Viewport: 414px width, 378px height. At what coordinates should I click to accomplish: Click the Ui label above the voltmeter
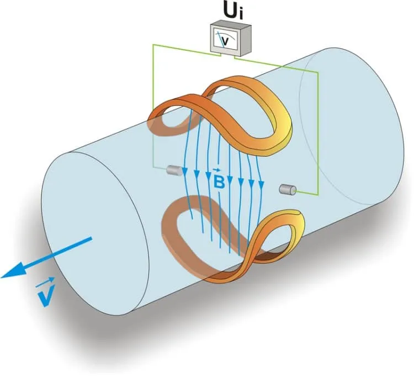[x=233, y=12]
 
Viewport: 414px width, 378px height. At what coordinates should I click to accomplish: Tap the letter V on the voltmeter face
[x=225, y=41]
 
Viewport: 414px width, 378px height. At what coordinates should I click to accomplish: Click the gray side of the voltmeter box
[x=245, y=40]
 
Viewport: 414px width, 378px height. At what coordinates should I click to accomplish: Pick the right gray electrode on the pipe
[x=288, y=189]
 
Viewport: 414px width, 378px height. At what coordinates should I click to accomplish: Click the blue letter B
[x=219, y=183]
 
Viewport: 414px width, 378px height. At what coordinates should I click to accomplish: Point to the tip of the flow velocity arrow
[x=2, y=278]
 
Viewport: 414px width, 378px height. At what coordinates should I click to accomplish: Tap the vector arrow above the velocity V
[x=45, y=281]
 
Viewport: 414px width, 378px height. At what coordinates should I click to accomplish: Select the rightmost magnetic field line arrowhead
[x=261, y=185]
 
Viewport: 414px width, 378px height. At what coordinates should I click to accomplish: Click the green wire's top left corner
[x=153, y=45]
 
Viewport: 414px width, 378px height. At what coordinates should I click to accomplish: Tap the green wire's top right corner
[x=318, y=72]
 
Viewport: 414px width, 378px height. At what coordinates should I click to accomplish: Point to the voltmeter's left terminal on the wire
[x=220, y=55]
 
